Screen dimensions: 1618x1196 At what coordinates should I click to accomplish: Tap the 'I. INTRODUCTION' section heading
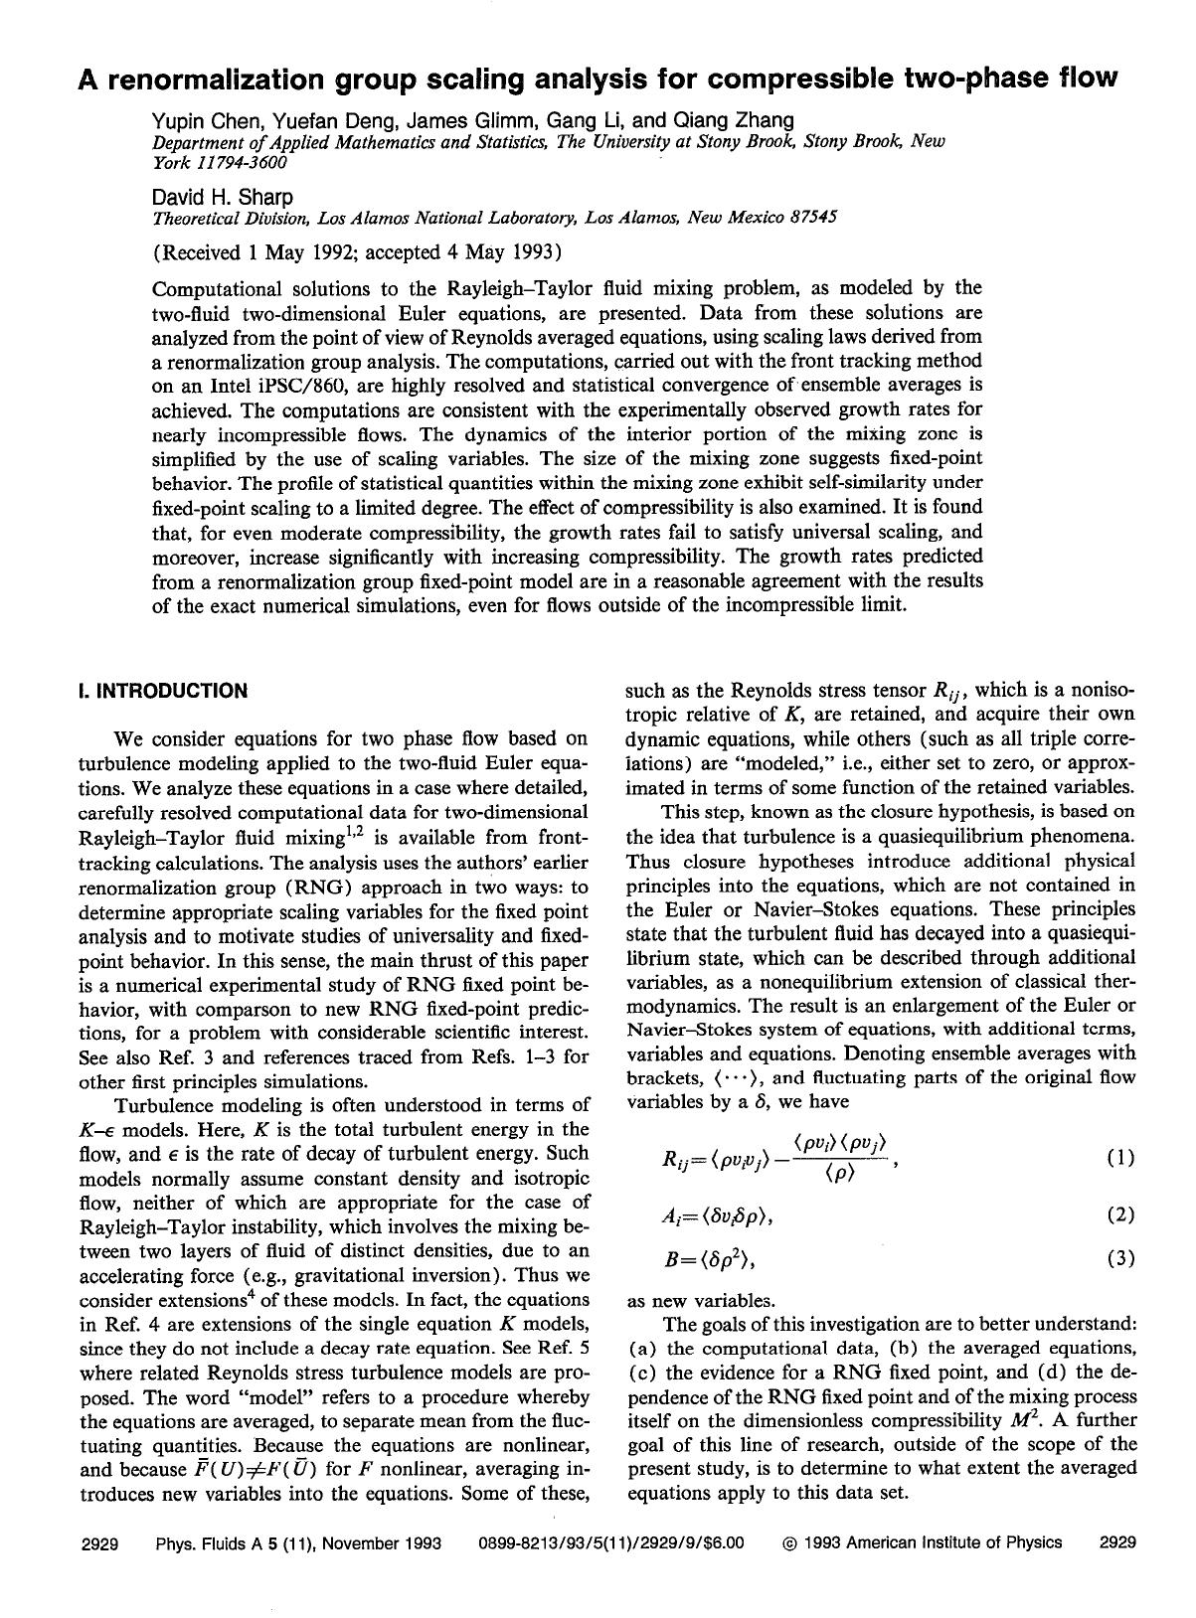pos(162,691)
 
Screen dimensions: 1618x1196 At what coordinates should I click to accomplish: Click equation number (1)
pos(1118,1158)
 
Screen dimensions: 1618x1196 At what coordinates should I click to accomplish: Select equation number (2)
pos(1118,1214)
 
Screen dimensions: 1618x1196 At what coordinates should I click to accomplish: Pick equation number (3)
pos(1118,1259)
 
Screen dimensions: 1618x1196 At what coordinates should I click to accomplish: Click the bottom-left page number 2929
pos(99,1543)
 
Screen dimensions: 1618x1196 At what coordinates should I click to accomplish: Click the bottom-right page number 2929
pos(1117,1543)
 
